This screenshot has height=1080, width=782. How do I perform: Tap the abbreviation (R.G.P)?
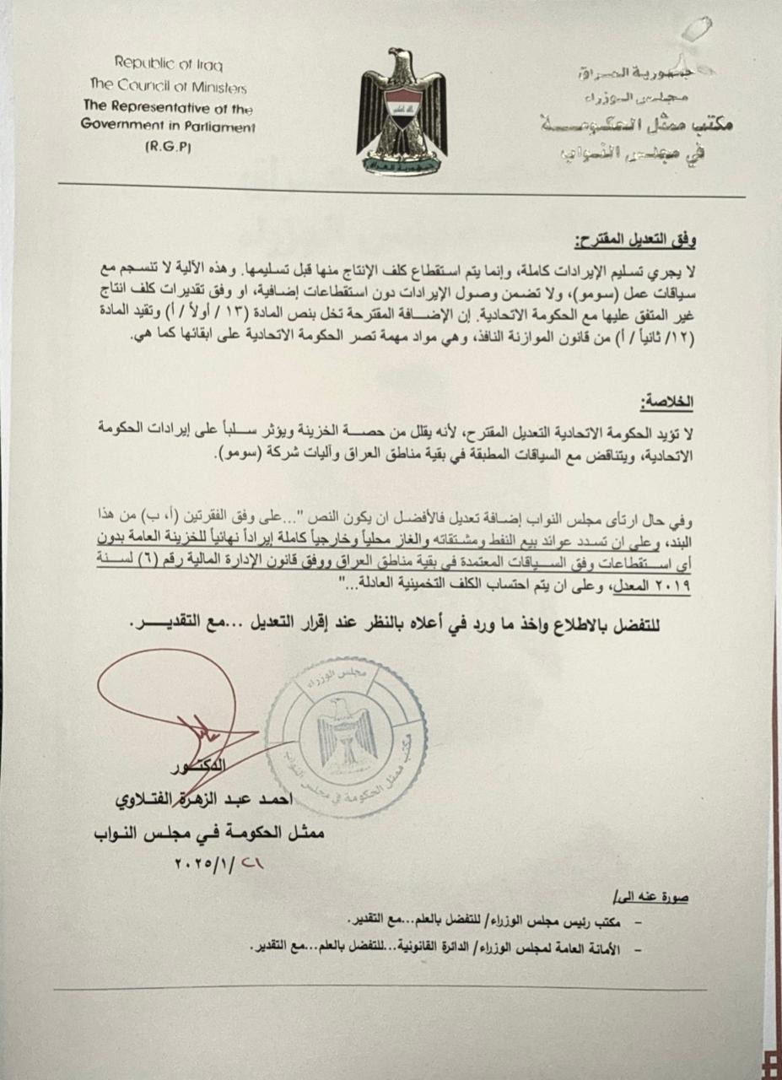tap(168, 147)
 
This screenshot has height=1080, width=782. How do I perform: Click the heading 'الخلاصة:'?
tap(669, 402)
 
